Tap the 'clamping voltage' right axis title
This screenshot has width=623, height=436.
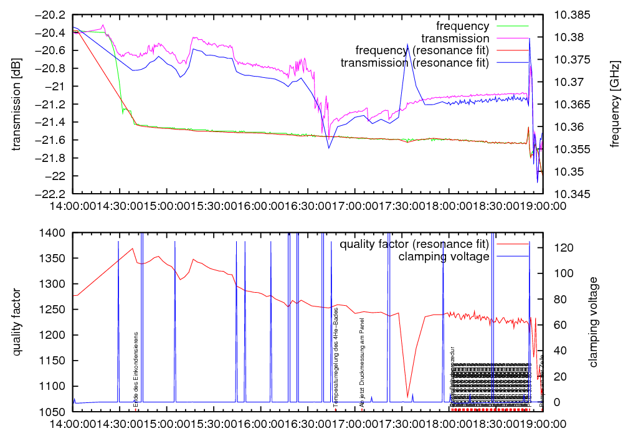click(592, 323)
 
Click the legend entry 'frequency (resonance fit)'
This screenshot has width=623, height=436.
click(422, 50)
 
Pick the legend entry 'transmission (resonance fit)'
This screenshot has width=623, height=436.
click(414, 62)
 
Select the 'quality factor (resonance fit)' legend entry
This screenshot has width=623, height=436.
click(412, 244)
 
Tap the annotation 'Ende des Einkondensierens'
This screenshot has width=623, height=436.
click(136, 369)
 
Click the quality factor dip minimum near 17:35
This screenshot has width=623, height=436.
click(407, 397)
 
